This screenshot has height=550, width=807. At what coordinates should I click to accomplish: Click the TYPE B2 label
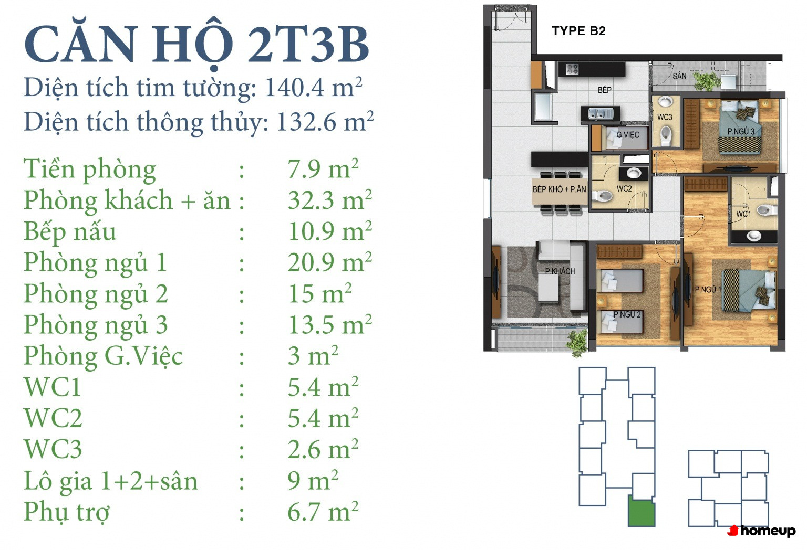pyautogui.click(x=578, y=31)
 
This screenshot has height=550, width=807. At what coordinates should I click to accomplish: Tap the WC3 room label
pyautogui.click(x=665, y=117)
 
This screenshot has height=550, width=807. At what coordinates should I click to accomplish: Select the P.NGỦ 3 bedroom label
pyautogui.click(x=741, y=131)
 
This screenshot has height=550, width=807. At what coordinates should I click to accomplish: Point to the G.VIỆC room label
pyautogui.click(x=628, y=135)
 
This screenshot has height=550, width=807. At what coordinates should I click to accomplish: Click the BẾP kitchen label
pyautogui.click(x=605, y=90)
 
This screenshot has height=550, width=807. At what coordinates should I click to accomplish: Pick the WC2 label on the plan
pyautogui.click(x=624, y=188)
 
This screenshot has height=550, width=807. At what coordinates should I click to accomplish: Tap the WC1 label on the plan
pyautogui.click(x=743, y=214)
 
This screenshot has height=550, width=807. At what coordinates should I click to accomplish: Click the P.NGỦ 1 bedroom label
pyautogui.click(x=708, y=289)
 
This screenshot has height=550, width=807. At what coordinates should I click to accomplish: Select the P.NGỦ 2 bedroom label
pyautogui.click(x=627, y=314)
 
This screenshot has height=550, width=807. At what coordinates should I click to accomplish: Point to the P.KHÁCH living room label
pyautogui.click(x=560, y=271)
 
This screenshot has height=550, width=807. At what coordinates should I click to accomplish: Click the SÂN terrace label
pyautogui.click(x=679, y=76)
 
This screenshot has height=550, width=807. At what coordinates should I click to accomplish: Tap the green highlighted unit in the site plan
pyautogui.click(x=642, y=511)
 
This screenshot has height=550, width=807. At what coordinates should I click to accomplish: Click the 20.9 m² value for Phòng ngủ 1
pyautogui.click(x=329, y=262)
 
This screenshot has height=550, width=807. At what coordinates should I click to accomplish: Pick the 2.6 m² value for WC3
pyautogui.click(x=323, y=449)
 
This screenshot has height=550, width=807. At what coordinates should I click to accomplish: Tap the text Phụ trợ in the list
pyautogui.click(x=67, y=512)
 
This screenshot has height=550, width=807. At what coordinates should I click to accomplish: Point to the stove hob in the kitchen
pyautogui.click(x=572, y=69)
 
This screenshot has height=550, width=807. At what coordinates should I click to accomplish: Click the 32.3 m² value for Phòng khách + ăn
pyautogui.click(x=329, y=200)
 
